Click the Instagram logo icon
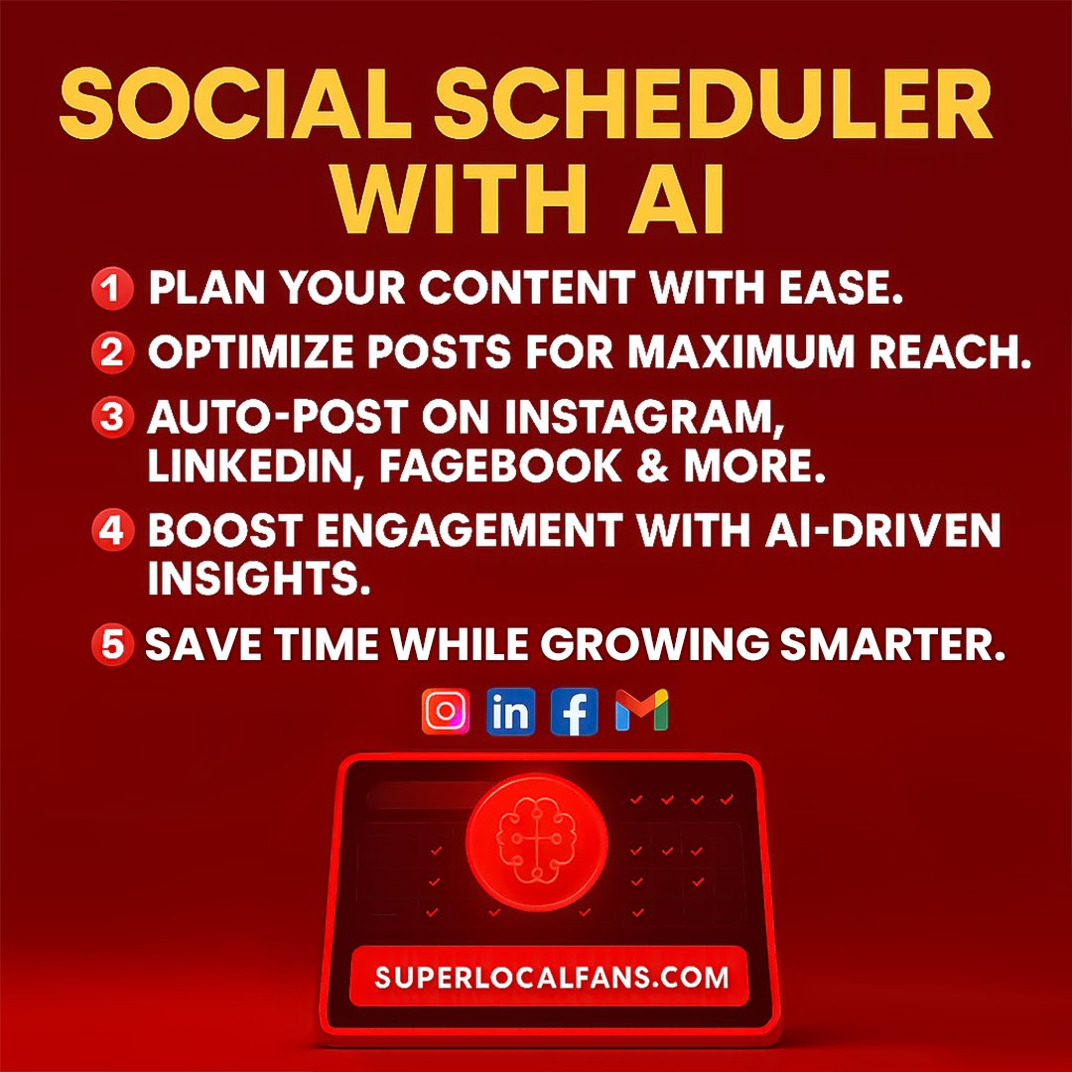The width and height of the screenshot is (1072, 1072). tap(445, 712)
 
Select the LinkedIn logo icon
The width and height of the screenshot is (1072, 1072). tap(510, 712)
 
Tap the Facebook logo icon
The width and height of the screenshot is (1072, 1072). tap(575, 712)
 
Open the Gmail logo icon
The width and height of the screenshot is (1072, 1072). tap(641, 711)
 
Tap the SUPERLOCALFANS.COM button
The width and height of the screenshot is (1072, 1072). tap(550, 977)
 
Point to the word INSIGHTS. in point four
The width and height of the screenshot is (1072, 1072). tap(260, 579)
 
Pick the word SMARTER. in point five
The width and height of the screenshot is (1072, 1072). tap(892, 645)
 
